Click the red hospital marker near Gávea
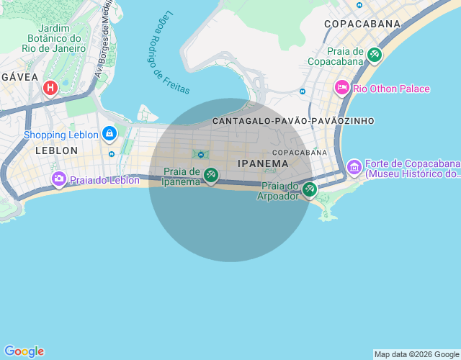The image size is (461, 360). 50,89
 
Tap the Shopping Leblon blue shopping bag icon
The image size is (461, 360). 109,133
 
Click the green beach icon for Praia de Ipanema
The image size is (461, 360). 210,174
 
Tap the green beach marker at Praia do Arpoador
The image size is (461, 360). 309,189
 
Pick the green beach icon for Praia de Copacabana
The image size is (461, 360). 374,54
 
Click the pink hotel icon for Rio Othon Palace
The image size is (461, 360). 342,88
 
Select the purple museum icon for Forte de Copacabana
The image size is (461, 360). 354,167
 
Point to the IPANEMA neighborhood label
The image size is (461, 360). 263,164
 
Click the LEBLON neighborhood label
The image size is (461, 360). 56,150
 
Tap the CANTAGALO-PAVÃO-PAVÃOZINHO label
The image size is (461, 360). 293,121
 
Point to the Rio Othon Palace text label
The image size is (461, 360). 391,89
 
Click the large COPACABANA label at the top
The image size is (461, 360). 362,24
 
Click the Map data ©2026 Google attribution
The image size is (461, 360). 416,354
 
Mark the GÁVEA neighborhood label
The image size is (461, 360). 14,76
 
